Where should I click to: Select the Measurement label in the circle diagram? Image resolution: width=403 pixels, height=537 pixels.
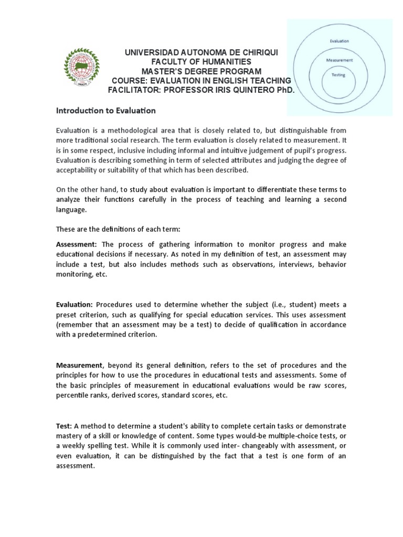coord(340,60)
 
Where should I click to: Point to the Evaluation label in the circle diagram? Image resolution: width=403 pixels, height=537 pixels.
coord(340,40)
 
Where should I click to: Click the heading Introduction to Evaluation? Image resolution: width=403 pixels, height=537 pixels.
coord(106,111)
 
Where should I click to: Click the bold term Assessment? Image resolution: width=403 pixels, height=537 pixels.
coord(77,244)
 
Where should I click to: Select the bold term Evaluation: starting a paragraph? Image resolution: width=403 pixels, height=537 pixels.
coord(75,305)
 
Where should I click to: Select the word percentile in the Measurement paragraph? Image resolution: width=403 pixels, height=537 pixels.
coord(77,395)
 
